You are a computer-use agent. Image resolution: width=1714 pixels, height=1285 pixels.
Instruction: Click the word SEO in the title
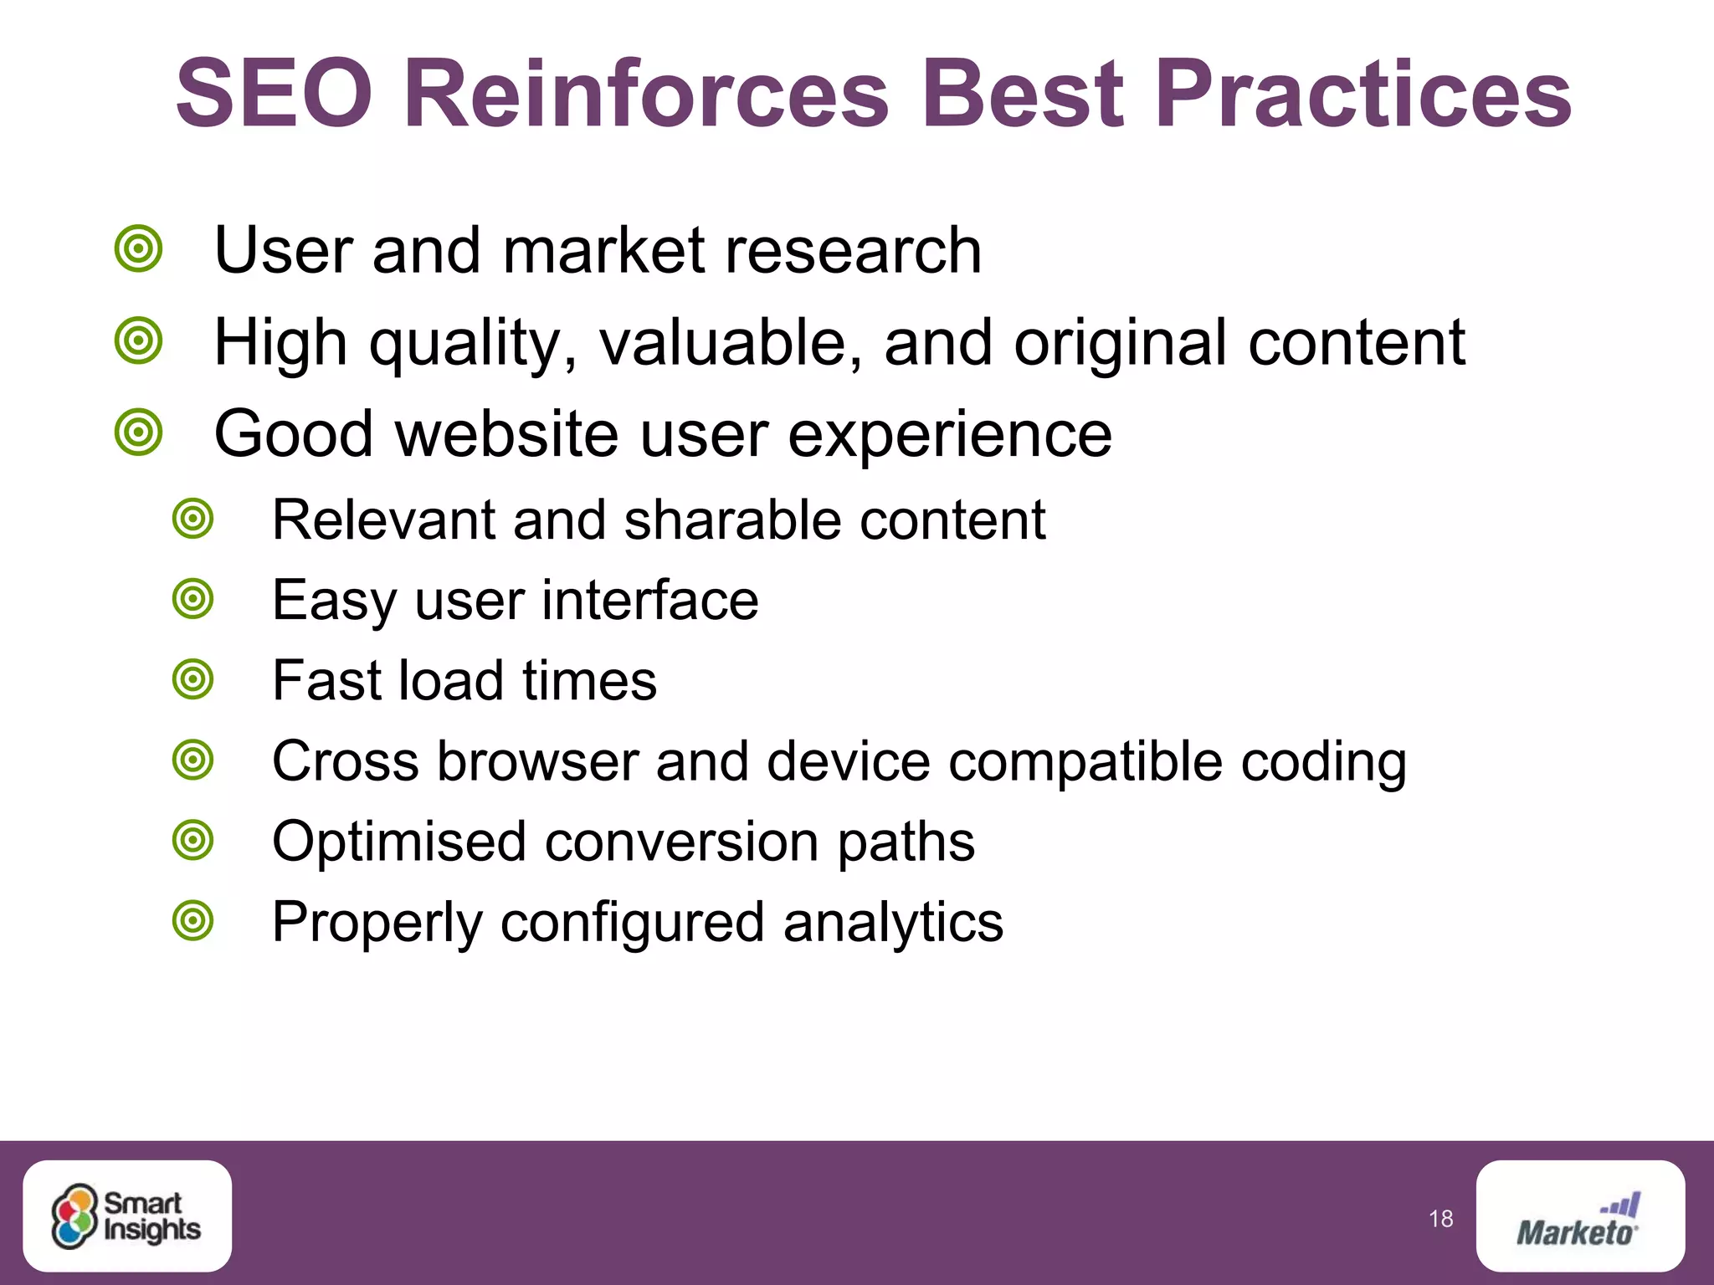(x=275, y=94)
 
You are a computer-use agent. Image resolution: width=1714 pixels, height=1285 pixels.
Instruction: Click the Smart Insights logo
(x=127, y=1216)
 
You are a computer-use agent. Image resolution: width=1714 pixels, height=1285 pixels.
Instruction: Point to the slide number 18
(x=1441, y=1219)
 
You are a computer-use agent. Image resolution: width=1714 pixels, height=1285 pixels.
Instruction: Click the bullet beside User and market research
(x=138, y=248)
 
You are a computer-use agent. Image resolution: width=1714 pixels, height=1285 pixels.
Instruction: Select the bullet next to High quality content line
(x=138, y=340)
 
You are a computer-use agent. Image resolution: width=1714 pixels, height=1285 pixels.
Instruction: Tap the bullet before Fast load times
(x=193, y=679)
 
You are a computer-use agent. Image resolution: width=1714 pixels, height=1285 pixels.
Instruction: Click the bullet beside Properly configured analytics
(x=193, y=921)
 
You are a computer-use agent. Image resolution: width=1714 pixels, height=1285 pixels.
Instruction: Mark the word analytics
(x=893, y=923)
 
